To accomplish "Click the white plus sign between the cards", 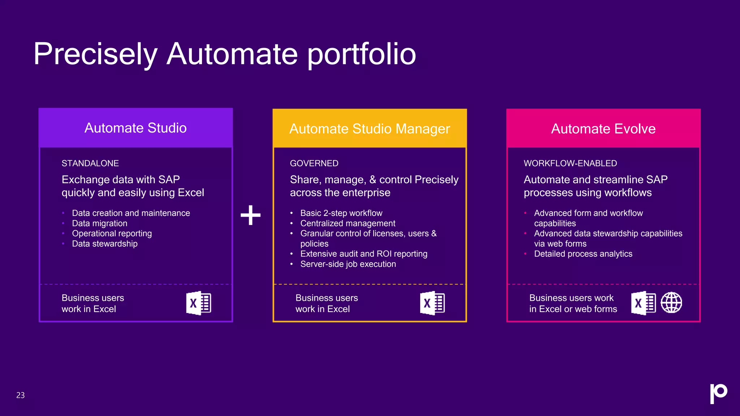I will (250, 215).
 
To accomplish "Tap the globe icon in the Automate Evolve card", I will (671, 303).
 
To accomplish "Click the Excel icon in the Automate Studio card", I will (199, 303).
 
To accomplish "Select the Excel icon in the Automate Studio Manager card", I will (433, 303).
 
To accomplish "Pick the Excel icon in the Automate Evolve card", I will (644, 303).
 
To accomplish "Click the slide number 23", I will (21, 395).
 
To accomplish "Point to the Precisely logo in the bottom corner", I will (718, 393).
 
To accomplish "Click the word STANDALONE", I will (90, 163).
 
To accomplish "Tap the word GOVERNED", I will (314, 163).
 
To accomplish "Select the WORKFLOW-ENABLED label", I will (570, 163).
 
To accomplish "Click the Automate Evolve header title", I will (603, 129).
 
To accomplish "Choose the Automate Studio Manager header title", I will (370, 129).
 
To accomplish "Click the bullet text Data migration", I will (100, 224).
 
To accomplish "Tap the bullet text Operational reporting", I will (112, 234).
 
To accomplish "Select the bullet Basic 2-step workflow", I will (341, 213).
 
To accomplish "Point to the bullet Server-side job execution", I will (348, 264).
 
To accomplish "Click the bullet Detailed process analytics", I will (583, 254).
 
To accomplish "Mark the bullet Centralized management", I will (348, 224).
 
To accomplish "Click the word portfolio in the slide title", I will (362, 54).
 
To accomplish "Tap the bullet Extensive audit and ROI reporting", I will (363, 254).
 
